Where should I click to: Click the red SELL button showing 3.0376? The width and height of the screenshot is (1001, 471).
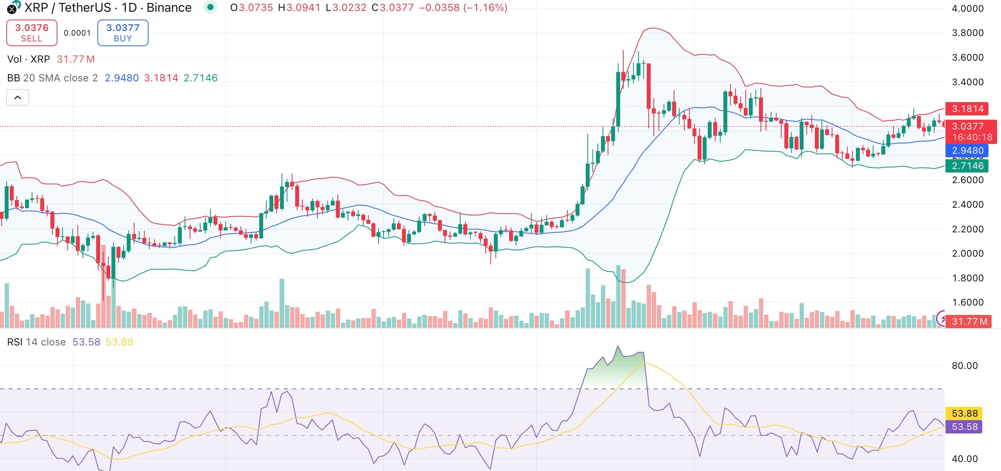[x=32, y=33]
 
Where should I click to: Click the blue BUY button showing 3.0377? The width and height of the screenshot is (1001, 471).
[x=123, y=33]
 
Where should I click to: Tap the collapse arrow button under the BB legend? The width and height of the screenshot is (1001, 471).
[x=18, y=97]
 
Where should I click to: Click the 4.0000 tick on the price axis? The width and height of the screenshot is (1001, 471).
[x=967, y=9]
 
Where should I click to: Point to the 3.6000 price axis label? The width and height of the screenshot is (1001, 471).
[x=967, y=58]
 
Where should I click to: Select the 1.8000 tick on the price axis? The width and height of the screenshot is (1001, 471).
[x=967, y=278]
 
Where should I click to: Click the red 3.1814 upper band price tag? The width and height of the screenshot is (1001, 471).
[x=967, y=109]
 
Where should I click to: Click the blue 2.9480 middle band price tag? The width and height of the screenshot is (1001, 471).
[x=967, y=151]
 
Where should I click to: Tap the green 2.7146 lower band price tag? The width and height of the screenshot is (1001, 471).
[x=967, y=166]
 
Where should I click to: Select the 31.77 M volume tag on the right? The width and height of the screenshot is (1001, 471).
[x=969, y=322]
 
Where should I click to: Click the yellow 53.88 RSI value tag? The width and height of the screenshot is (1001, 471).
[x=964, y=413]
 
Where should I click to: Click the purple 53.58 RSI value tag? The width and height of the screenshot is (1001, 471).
[x=964, y=427]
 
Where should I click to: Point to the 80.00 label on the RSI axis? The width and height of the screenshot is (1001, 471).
[x=964, y=366]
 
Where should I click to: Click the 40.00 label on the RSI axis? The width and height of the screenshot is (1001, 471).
[x=964, y=458]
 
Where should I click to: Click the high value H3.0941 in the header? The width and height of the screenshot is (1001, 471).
[x=299, y=8]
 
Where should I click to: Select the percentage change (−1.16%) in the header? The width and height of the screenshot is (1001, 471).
[x=485, y=8]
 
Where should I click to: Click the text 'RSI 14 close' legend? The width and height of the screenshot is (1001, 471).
[x=36, y=342]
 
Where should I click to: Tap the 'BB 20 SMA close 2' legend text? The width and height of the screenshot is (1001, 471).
[x=52, y=78]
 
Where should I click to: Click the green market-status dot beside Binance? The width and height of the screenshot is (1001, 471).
[x=210, y=7]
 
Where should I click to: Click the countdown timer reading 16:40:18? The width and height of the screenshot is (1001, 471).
[x=972, y=137]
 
